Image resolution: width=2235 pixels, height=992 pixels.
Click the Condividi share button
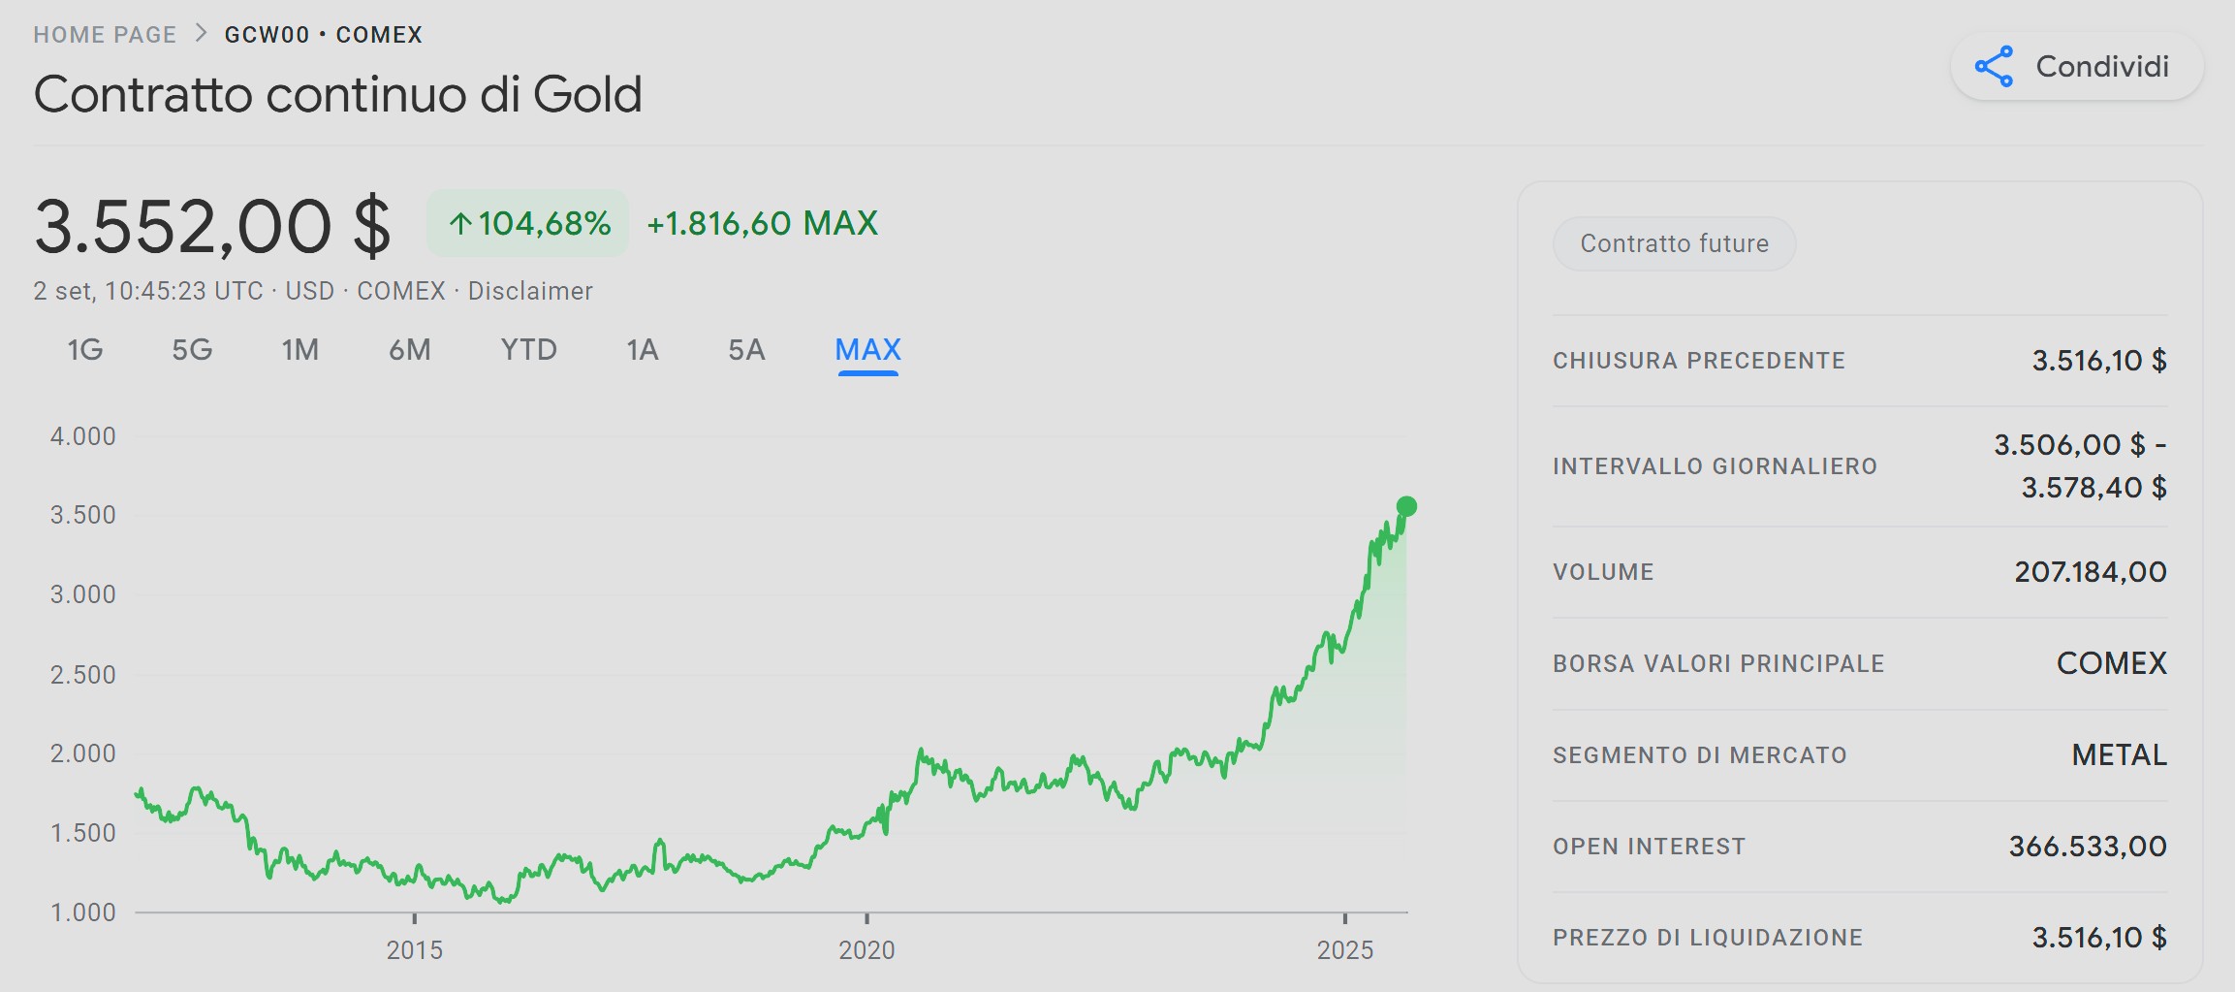point(2076,67)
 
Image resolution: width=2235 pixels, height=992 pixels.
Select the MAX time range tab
point(867,350)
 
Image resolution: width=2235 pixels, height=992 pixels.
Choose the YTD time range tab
point(528,350)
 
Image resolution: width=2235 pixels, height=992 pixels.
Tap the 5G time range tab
point(192,350)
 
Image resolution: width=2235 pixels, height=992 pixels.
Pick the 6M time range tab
point(409,350)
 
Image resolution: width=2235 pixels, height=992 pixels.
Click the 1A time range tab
point(642,350)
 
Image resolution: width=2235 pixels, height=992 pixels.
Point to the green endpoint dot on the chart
point(1406,506)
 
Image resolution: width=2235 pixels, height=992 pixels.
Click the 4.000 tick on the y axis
point(83,436)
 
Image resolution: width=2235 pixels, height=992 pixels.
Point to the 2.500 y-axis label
point(83,674)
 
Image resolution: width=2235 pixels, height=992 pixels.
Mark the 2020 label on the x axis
point(866,950)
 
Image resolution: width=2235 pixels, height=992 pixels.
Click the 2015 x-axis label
point(415,950)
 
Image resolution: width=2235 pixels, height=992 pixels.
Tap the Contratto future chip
point(1674,243)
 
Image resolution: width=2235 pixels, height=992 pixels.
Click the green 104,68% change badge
point(528,224)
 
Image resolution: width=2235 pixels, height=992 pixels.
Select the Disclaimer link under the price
point(530,291)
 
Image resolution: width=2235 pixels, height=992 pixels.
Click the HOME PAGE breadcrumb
point(105,35)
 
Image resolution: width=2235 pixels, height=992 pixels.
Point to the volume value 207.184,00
point(2090,572)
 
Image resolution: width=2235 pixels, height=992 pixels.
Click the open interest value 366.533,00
point(2087,847)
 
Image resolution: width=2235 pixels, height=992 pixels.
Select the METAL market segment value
point(2119,755)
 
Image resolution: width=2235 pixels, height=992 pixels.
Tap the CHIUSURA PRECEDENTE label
point(1698,361)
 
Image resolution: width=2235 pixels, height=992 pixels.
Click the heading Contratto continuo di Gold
point(337,95)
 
